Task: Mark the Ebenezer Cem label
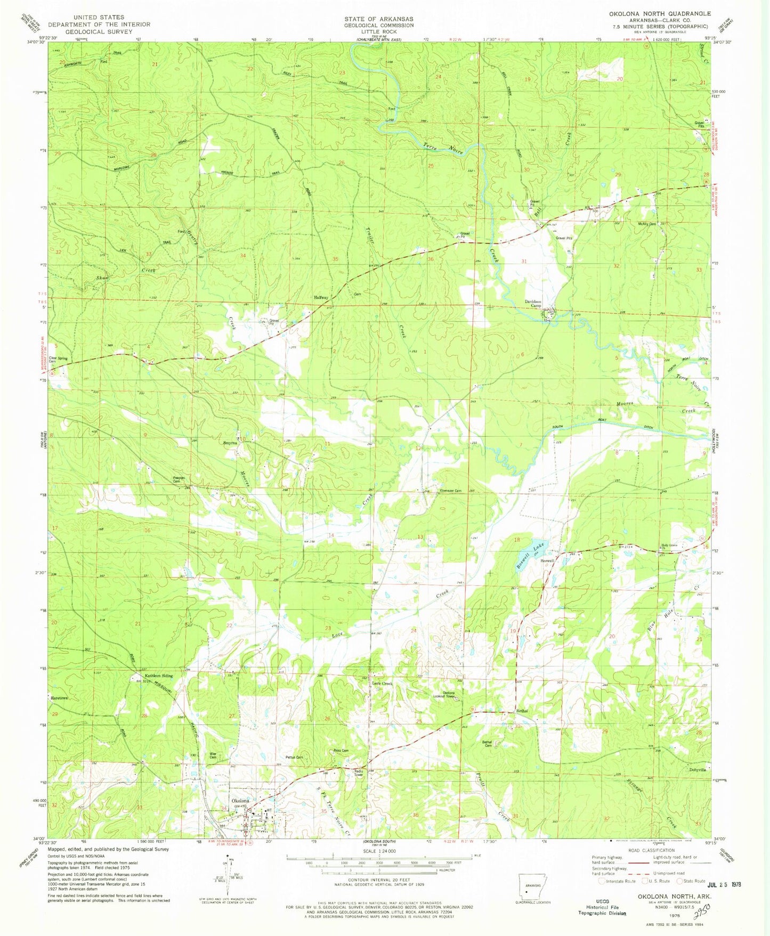point(450,491)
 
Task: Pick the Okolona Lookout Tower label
point(448,695)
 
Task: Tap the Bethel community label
point(522,711)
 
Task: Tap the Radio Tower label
point(359,773)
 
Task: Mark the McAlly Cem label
point(646,224)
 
